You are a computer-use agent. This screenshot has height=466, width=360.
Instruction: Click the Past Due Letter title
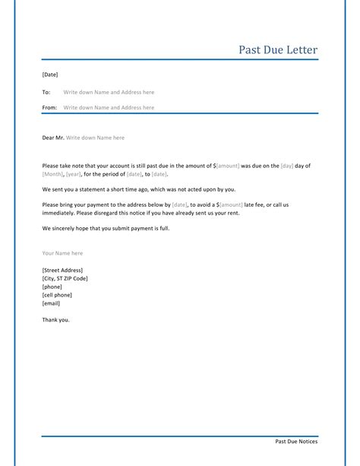[x=278, y=50]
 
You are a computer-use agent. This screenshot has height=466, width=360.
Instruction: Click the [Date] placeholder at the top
[x=50, y=74]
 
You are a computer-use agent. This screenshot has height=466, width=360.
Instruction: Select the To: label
[x=46, y=91]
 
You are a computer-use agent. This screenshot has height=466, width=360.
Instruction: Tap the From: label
[x=49, y=108]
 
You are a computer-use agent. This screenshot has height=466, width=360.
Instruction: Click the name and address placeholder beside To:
[x=109, y=91]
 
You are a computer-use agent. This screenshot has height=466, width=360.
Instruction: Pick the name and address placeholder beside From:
[x=109, y=108]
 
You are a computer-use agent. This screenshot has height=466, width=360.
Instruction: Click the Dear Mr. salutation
[x=53, y=138]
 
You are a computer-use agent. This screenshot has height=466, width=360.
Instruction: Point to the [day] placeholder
[x=288, y=165]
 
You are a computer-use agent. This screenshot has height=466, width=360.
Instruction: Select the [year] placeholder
[x=84, y=174]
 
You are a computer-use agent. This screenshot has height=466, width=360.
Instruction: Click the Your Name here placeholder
[x=62, y=252]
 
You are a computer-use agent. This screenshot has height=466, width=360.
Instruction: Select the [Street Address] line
[x=62, y=270]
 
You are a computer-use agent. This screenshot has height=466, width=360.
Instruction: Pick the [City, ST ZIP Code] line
[x=65, y=278]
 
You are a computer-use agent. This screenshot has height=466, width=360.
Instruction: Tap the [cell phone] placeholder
[x=58, y=295]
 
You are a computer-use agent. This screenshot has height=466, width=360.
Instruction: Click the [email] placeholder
[x=52, y=303]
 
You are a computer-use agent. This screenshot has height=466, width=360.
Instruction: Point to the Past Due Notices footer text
[x=296, y=441]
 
